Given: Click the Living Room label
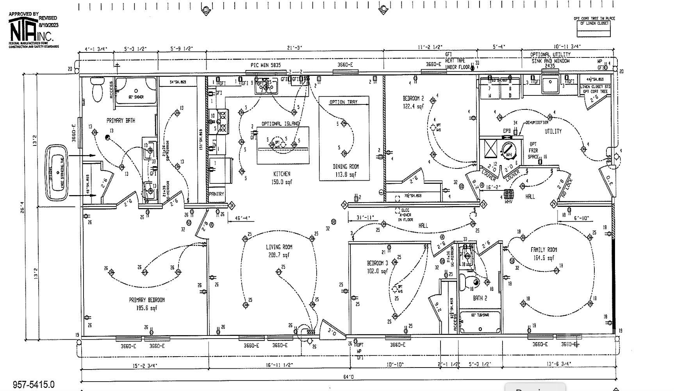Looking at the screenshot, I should click(x=279, y=247).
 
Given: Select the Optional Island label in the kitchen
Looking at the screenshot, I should click(x=280, y=124).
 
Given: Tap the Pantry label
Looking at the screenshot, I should click(x=216, y=194).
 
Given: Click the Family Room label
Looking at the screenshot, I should click(x=544, y=249).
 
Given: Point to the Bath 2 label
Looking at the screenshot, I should click(x=480, y=298).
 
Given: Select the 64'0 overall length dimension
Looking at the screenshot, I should click(x=348, y=377).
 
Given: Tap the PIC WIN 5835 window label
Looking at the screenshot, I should click(x=266, y=65).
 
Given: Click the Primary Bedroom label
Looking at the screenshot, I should click(x=146, y=300).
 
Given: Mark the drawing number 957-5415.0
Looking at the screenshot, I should click(x=34, y=385).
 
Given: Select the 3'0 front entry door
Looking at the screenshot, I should click(x=332, y=331).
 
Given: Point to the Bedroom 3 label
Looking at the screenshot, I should click(x=377, y=263).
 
